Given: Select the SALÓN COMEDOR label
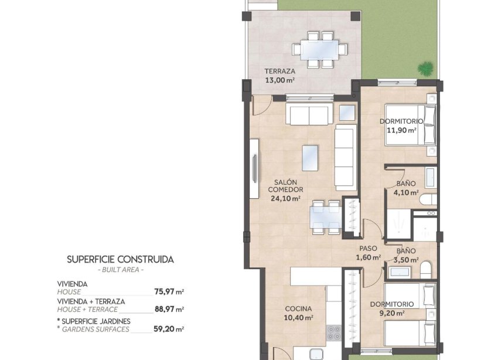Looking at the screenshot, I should [x=285, y=186].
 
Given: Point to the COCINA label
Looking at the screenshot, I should [x=298, y=308].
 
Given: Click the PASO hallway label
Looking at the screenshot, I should [x=368, y=248].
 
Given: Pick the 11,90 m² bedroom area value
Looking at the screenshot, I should [x=401, y=130].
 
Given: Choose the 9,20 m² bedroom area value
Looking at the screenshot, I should [x=392, y=313].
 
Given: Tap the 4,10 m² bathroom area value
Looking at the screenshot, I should [x=406, y=192].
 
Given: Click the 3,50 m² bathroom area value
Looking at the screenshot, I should [x=405, y=260].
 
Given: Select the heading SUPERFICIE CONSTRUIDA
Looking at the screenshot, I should [x=120, y=259].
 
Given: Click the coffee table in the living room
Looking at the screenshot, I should [x=311, y=157].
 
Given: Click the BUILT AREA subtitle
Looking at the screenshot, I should [x=120, y=270].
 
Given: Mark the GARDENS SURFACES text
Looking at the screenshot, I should [x=94, y=329].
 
